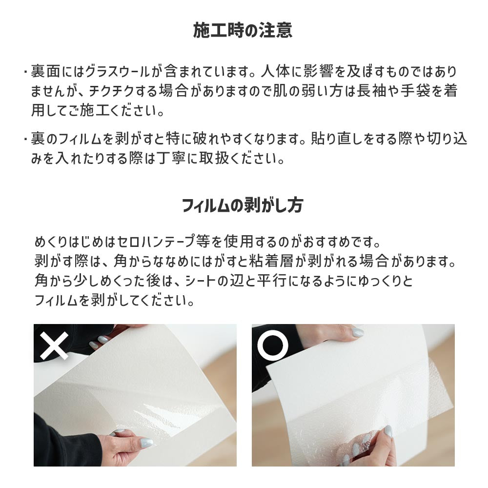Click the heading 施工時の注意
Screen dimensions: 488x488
tap(243, 31)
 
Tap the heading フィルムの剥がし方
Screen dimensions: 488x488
tap(243, 205)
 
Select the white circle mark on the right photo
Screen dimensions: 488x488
tap(273, 345)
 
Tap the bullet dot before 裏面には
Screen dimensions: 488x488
tap(24, 72)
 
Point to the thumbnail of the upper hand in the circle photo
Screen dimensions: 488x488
tap(358, 332)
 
